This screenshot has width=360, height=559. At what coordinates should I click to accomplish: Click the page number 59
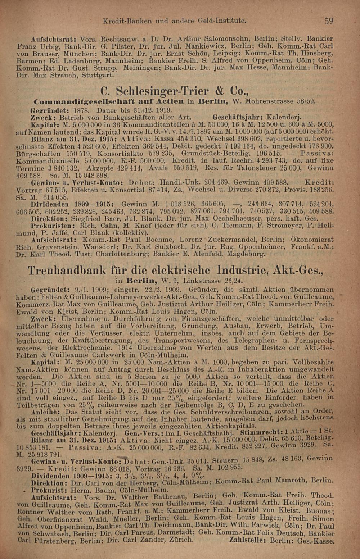point(328,21)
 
